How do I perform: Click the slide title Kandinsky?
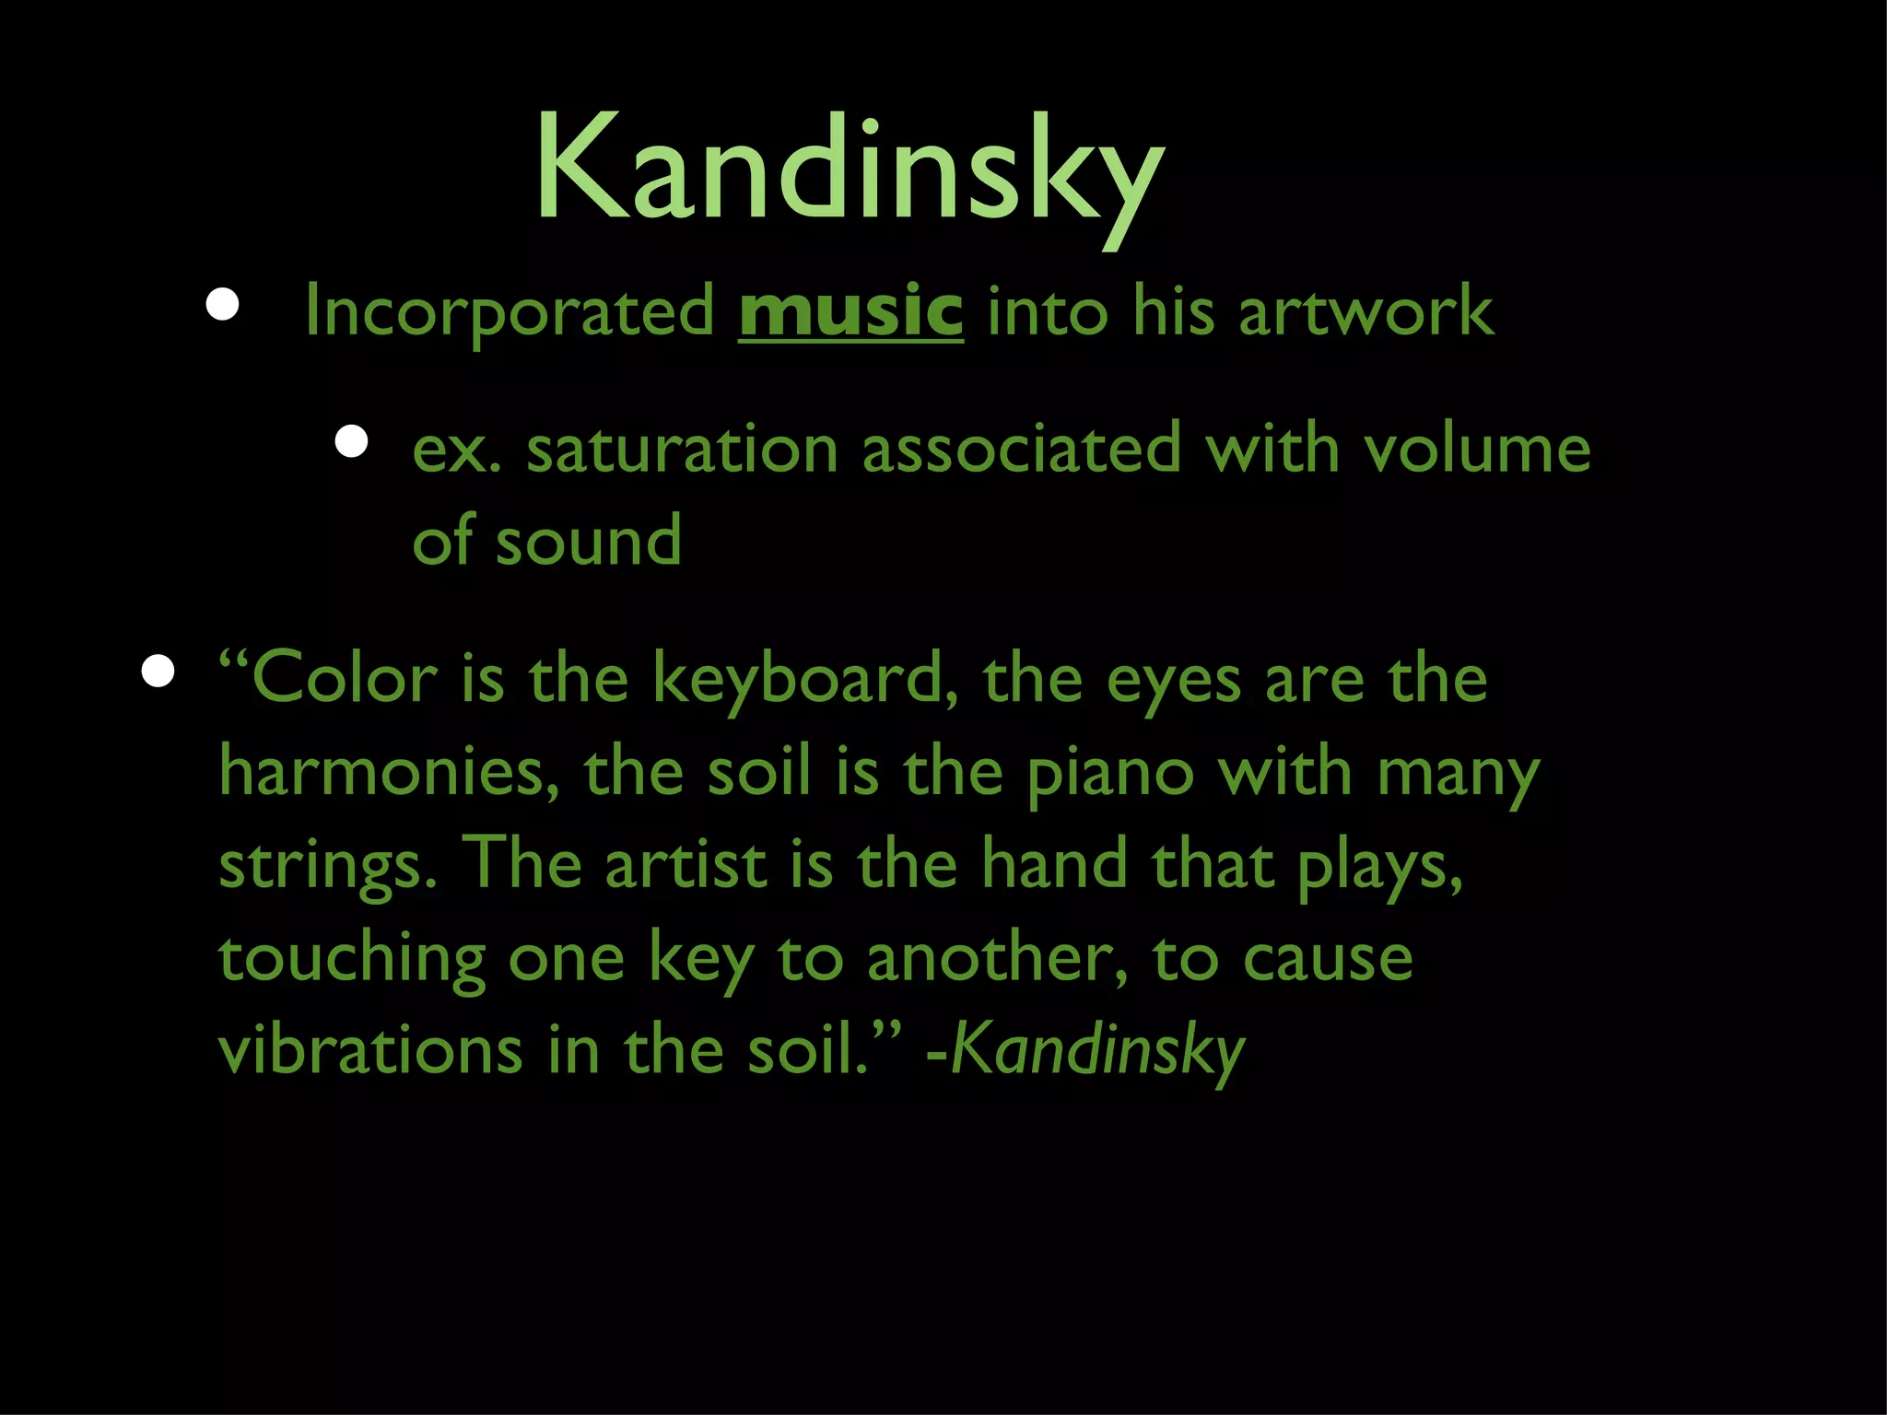click(850, 170)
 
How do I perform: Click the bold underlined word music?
click(850, 311)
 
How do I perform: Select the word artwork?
click(1365, 311)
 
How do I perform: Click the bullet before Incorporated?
click(223, 305)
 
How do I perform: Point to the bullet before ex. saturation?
click(351, 442)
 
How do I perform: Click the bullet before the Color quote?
click(158, 672)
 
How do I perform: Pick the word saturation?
click(682, 450)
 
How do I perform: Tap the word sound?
click(589, 542)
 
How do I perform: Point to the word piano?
click(1110, 774)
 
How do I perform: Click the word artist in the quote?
click(686, 865)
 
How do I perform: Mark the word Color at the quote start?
click(344, 680)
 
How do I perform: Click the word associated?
click(1021, 450)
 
